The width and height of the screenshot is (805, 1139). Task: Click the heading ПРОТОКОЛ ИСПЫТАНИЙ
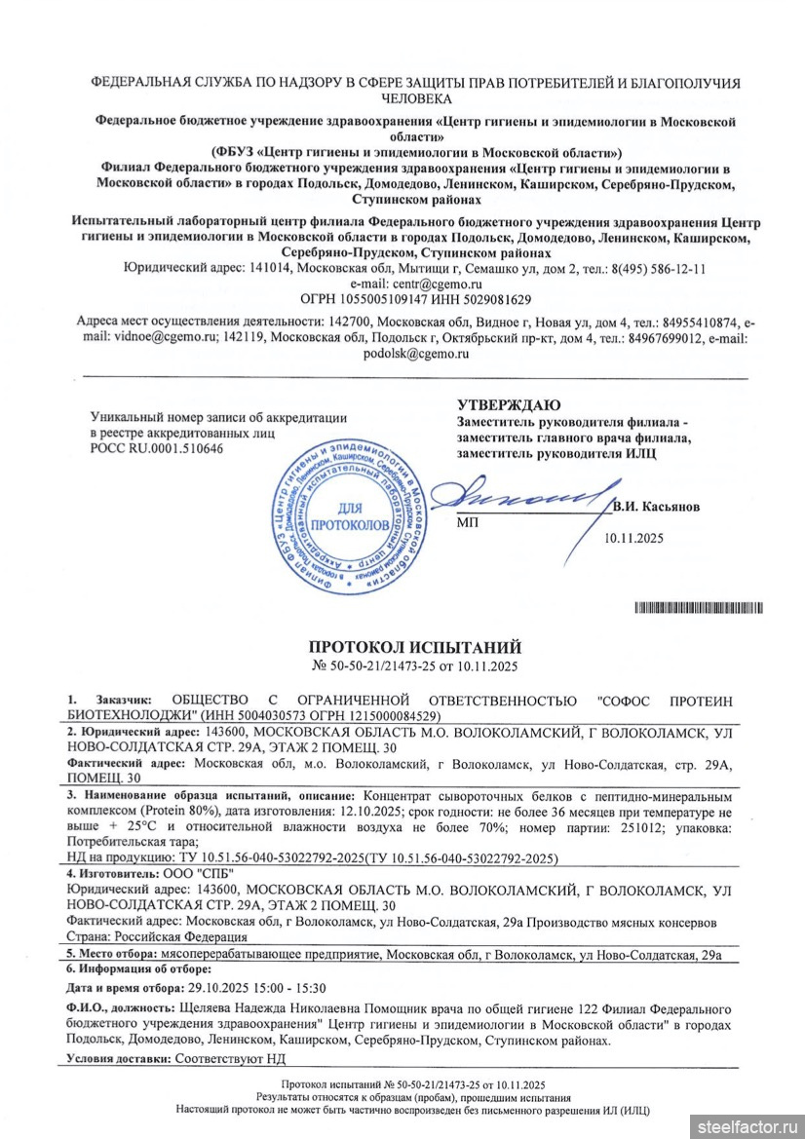[414, 647]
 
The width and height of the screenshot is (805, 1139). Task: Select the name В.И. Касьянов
[656, 507]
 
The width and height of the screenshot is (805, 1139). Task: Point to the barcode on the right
[698, 608]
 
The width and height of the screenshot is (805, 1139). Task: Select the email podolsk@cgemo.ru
[415, 354]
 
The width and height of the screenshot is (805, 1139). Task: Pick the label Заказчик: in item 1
[124, 701]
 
